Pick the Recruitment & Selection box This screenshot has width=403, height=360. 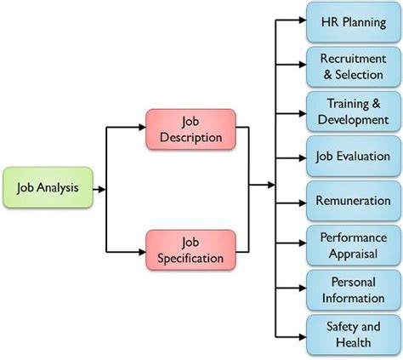click(x=351, y=66)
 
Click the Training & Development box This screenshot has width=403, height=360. click(x=351, y=111)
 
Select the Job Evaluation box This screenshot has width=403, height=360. click(x=351, y=157)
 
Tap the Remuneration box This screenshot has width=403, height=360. click(x=351, y=202)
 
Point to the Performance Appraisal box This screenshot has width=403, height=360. click(x=351, y=246)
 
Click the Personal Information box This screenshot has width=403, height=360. click(x=351, y=290)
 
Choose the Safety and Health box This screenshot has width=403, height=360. click(x=351, y=334)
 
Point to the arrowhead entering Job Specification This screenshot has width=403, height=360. click(x=140, y=250)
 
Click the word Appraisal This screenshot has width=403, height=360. click(x=351, y=254)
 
